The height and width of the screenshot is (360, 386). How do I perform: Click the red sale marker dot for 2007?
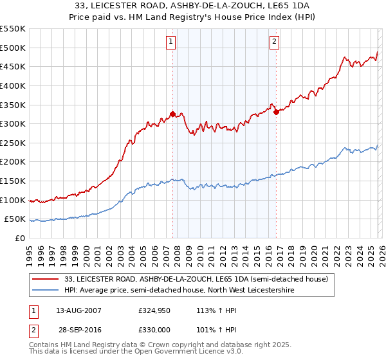tap(172, 114)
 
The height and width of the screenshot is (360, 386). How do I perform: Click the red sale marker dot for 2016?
tap(276, 112)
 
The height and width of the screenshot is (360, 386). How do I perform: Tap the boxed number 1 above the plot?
tap(171, 42)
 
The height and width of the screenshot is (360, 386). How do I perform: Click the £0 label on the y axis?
tap(19, 239)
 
